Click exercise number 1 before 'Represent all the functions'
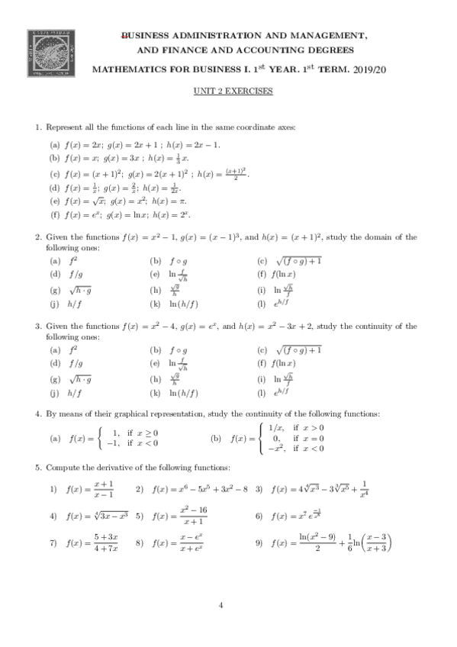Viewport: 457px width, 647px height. click(37, 127)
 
